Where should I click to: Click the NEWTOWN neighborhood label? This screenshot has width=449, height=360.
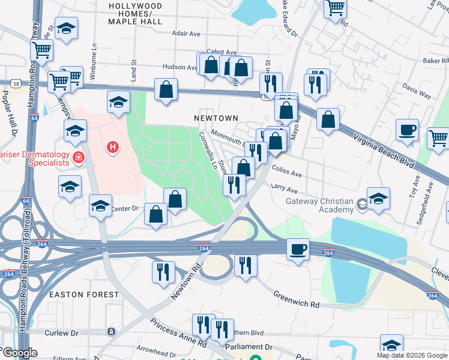217,118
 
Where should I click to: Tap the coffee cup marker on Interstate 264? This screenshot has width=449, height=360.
297,249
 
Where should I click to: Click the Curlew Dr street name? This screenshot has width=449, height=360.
61,332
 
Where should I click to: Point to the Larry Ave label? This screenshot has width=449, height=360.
285,188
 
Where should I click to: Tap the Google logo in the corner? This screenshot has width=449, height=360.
19,353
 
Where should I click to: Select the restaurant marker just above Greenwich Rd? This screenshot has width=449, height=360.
246,265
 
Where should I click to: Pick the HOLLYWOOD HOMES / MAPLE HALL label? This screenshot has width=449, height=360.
135,13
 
